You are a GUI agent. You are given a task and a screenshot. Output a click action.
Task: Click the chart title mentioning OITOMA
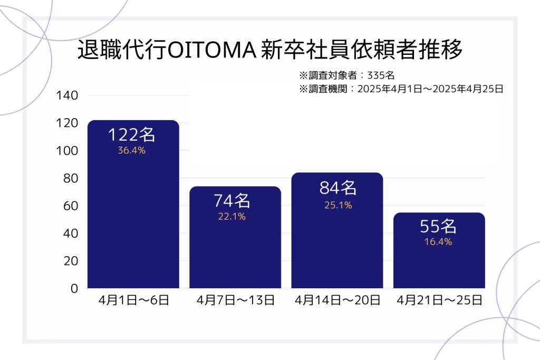tap(270, 51)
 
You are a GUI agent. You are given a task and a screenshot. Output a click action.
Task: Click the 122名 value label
tap(132, 135)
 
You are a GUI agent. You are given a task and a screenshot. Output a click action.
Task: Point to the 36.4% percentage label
tap(132, 150)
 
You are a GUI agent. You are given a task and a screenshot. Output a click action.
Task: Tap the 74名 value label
tap(232, 201)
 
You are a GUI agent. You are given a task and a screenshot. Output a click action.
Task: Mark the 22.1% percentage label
tap(232, 216)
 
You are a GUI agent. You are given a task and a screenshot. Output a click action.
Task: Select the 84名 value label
tap(338, 188)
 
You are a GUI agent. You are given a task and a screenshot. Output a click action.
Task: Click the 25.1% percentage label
tap(338, 205)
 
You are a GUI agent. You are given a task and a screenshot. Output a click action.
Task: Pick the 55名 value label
tap(438, 227)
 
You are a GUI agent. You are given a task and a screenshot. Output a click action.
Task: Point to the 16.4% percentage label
tap(438, 242)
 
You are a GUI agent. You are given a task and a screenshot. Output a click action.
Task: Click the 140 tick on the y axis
tap(68, 96)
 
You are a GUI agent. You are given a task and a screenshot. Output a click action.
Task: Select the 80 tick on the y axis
tap(71, 179)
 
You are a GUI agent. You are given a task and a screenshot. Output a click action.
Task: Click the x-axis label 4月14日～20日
tap(338, 301)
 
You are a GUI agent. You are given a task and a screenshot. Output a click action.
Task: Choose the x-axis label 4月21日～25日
tap(440, 301)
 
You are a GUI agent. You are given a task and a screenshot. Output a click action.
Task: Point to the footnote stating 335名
tap(346, 75)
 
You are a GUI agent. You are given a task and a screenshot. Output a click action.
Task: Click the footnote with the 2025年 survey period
tap(401, 89)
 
